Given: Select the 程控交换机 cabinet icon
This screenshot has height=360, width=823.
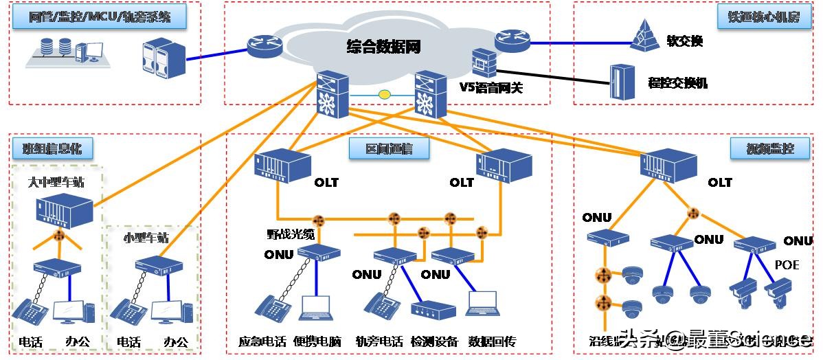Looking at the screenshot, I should point(621,82).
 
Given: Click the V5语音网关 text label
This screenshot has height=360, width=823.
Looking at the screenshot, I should point(495,87).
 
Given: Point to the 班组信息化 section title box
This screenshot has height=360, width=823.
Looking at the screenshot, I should point(52,148).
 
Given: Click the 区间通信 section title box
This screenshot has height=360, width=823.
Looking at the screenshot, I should point(388,148).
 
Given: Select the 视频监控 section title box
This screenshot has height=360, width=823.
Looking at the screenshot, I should point(769,148).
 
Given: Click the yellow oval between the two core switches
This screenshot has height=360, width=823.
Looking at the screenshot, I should point(385,93).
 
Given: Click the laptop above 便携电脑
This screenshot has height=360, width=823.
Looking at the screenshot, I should point(316,306).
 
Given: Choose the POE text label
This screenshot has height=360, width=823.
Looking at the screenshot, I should point(787,265).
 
